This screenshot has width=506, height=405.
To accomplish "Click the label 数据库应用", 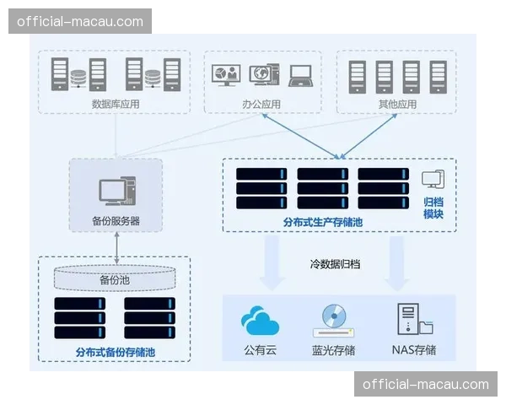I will pos(116,104).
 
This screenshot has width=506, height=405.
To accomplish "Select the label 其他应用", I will pos(397,104).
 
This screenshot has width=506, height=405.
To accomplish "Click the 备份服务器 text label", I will pos(116,220).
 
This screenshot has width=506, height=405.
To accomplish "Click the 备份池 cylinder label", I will pos(115,279).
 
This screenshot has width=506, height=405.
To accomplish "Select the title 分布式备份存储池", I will pos(115,351).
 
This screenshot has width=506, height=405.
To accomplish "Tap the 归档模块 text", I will pos(433,208).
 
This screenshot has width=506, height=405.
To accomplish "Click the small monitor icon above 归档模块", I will pos(433,179).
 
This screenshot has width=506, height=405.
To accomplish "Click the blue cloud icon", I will pos(260,321).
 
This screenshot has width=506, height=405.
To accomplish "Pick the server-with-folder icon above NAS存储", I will pos(413,320).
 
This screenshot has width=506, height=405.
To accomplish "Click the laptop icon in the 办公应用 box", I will pos(302,75).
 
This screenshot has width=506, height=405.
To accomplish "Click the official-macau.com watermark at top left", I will pos(80,21).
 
